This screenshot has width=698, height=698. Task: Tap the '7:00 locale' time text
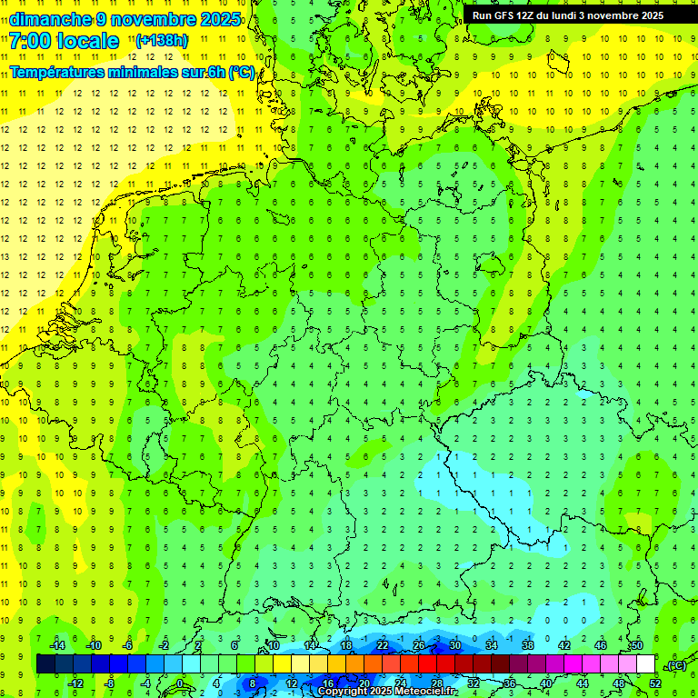(x=64, y=41)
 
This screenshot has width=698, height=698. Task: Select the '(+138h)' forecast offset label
(x=161, y=41)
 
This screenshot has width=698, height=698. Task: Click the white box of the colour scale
(x=645, y=664)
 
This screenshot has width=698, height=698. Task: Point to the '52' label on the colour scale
(x=656, y=683)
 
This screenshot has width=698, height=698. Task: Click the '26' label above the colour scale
(x=419, y=645)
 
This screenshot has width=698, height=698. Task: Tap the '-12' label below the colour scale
(x=75, y=683)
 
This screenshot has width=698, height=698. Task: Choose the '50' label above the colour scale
(x=636, y=645)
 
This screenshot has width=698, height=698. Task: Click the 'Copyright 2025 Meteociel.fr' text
(x=387, y=692)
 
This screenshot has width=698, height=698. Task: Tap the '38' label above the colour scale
(x=527, y=645)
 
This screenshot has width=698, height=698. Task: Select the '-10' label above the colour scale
(x=93, y=645)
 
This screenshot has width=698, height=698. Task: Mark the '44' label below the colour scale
(x=583, y=683)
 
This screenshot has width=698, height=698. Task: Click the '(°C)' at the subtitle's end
(x=242, y=73)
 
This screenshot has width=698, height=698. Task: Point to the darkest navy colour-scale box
(x=46, y=664)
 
